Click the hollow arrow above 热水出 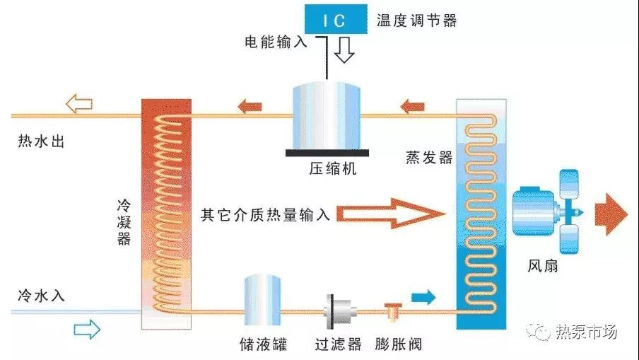78,105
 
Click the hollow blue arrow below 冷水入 88,328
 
